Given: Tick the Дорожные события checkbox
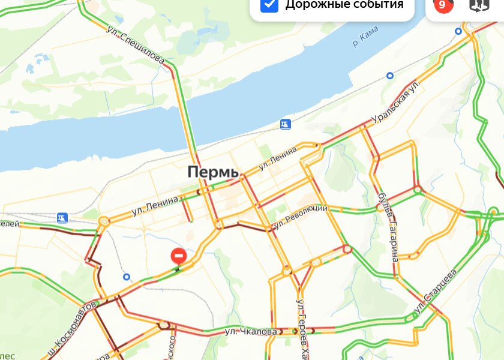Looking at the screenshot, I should tap(270, 4).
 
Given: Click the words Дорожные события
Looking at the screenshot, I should tap(344, 5).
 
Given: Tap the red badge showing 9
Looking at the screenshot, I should tap(443, 5).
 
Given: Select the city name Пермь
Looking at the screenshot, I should tap(213, 172).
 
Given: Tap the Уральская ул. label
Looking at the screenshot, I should tap(394, 103).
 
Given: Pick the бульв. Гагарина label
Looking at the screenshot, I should tap(389, 228).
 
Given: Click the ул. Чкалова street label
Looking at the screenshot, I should tap(251, 331).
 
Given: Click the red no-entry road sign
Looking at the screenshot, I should tap(179, 256).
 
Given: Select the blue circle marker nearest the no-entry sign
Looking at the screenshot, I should tap(126, 277).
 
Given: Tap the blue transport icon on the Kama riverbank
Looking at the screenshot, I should tap(286, 124).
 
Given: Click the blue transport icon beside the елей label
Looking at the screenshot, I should tap(62, 217).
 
